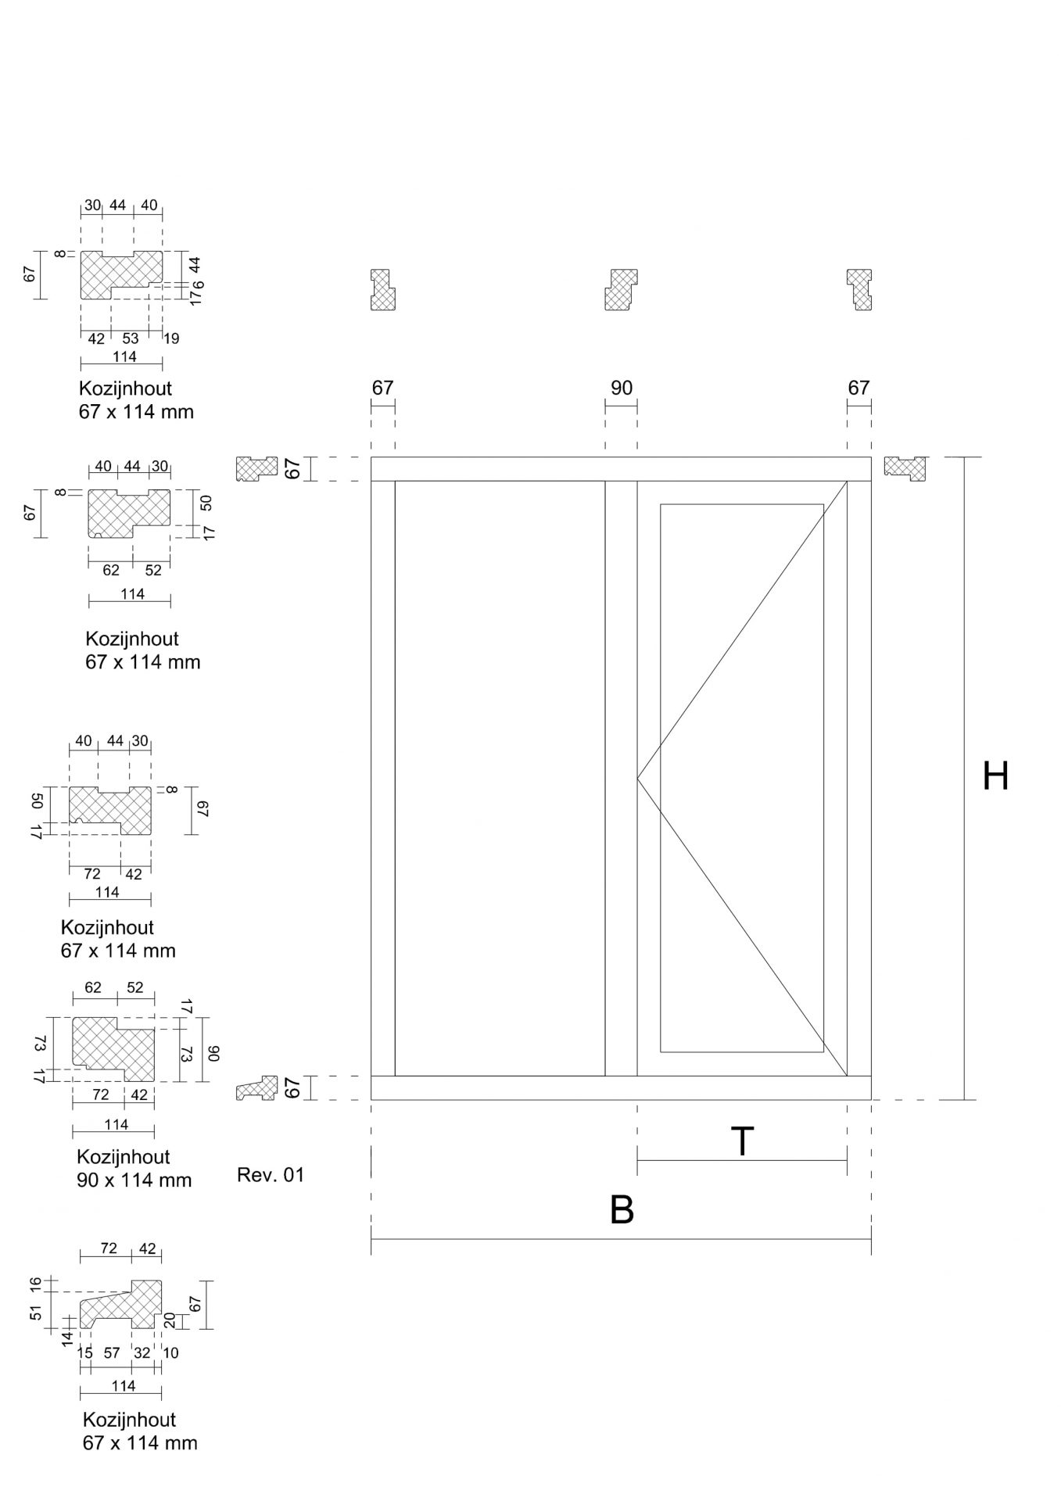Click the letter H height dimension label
(995, 776)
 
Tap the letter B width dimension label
(622, 1209)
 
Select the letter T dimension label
(741, 1141)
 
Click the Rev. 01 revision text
(271, 1174)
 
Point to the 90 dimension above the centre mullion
(622, 388)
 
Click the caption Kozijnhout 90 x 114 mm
(134, 1168)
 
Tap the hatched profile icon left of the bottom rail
(257, 1088)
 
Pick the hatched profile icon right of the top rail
(905, 467)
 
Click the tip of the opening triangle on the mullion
(637, 779)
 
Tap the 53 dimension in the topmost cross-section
(131, 339)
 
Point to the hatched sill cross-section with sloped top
(122, 1304)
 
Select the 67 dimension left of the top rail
(292, 469)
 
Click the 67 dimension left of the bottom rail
(292, 1088)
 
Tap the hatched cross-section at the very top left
(121, 274)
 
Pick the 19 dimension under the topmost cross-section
(170, 339)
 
